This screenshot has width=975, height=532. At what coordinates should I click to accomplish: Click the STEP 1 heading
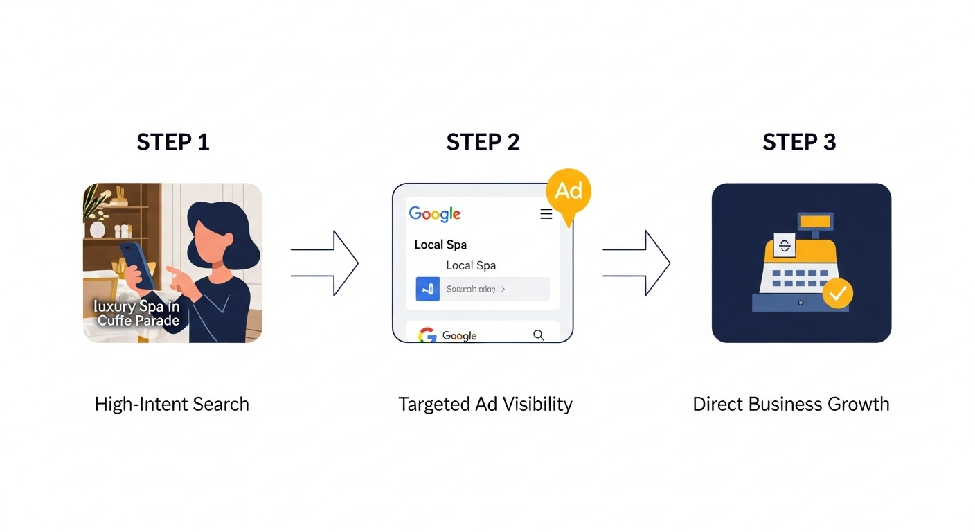point(172,142)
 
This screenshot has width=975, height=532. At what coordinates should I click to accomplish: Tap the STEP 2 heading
point(483,142)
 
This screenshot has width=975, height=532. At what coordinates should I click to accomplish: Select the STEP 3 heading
point(799,142)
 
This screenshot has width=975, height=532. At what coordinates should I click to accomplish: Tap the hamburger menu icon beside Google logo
point(546,215)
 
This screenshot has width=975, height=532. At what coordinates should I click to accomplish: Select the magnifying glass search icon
point(538,335)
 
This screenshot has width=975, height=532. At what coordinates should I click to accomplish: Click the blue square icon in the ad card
point(427,289)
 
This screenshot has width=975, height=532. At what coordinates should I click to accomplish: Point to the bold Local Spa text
point(440,245)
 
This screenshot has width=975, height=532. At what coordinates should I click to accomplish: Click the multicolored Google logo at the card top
point(435,214)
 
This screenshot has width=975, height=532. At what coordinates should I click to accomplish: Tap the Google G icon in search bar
point(427,336)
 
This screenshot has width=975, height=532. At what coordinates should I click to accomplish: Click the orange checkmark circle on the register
point(837,294)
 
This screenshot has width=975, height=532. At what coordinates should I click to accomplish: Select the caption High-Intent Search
point(172,405)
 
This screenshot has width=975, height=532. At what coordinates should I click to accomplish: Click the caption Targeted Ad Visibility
point(485,405)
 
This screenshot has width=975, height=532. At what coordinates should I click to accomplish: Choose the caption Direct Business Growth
point(791,405)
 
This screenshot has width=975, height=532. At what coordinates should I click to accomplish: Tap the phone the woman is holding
point(138,264)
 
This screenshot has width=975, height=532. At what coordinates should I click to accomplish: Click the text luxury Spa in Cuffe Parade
point(137,313)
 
